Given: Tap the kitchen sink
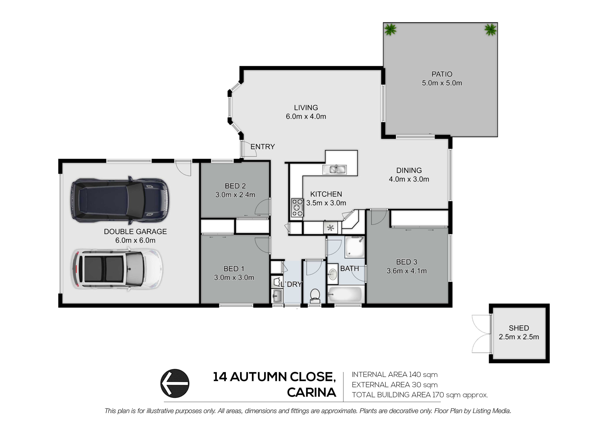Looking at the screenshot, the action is pyautogui.click(x=335, y=170).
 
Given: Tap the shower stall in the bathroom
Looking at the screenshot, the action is pyautogui.click(x=355, y=247).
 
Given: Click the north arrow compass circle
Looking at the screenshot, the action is pyautogui.click(x=175, y=383).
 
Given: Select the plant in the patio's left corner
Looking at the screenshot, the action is pyautogui.click(x=390, y=30).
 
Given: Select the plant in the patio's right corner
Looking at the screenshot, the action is pyautogui.click(x=490, y=30).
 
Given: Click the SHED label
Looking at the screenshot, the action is pyautogui.click(x=519, y=328).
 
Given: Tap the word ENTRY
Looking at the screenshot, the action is pyautogui.click(x=263, y=147).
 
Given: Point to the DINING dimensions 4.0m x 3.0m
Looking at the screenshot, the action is pyautogui.click(x=409, y=179).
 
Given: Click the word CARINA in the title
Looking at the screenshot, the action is pyautogui.click(x=312, y=392).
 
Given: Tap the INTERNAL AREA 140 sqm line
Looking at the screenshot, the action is pyautogui.click(x=395, y=375).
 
